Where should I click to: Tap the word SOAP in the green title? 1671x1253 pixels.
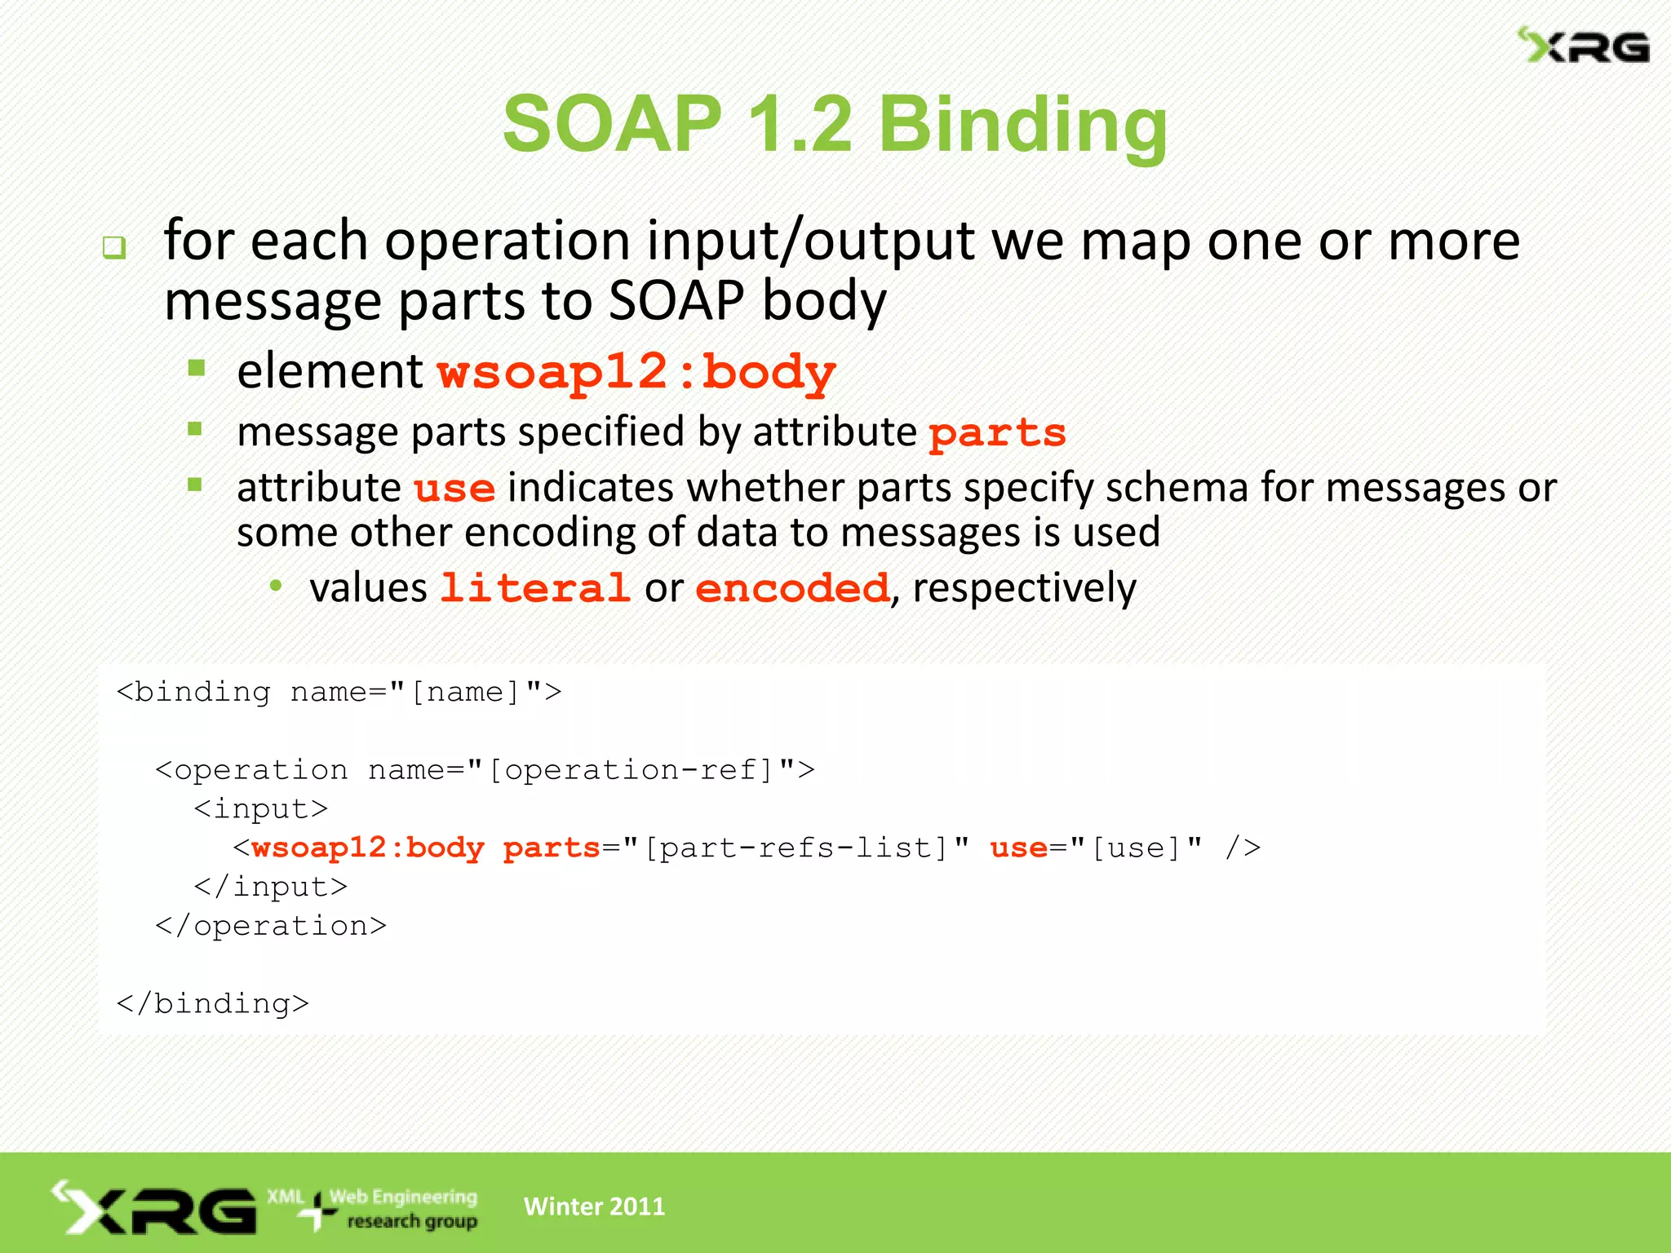tap(613, 124)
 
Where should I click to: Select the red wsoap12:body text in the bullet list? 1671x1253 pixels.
tap(636, 372)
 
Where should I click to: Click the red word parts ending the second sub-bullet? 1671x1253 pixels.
tap(997, 432)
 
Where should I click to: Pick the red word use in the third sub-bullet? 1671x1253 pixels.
tap(454, 489)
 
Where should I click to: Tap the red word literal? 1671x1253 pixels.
tap(535, 588)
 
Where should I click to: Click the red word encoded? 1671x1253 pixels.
tap(791, 588)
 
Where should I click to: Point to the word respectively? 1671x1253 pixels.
tap(1024, 588)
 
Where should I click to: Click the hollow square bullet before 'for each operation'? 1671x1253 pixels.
tap(114, 246)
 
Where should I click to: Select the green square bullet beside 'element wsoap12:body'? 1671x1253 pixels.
tap(197, 368)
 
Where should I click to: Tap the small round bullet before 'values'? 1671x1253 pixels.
tap(276, 585)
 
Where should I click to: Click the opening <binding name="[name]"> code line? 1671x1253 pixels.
tap(339, 692)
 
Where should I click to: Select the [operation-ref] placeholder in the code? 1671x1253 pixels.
tap(631, 769)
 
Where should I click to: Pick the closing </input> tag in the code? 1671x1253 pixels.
tap(271, 887)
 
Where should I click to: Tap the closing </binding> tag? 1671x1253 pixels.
tap(213, 1003)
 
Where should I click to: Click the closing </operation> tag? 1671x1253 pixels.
tap(271, 926)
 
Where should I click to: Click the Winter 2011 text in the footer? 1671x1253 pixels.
tap(594, 1206)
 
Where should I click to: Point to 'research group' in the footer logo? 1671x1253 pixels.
tap(412, 1221)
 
